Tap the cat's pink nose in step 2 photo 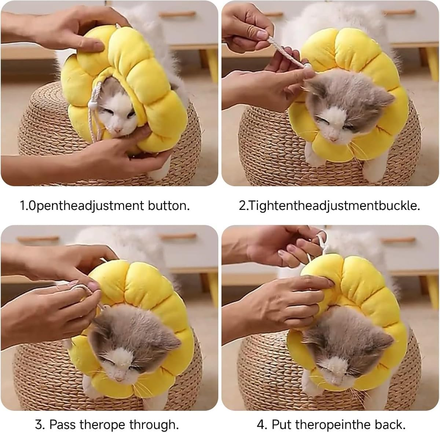coord(332,139)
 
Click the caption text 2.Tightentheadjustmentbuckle coord(329,205)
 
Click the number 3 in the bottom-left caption coord(39,425)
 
